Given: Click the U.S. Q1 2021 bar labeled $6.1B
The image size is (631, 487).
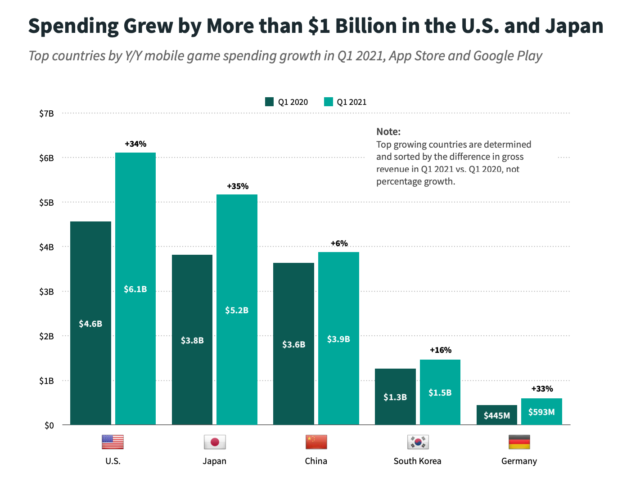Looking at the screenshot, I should click(135, 288).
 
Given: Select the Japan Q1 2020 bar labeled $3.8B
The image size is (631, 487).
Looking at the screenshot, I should click(192, 340).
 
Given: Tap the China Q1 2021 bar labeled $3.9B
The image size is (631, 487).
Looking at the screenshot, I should click(338, 338).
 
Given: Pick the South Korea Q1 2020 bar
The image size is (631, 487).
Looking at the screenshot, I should click(395, 397).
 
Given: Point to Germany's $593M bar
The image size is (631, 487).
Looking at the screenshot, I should click(541, 411).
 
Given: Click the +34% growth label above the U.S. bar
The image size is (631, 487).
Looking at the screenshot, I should click(135, 144).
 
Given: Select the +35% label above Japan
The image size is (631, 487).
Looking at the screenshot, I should click(238, 186).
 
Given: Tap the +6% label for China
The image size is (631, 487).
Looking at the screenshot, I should click(339, 243).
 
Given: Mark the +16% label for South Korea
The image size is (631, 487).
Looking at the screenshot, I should click(441, 350).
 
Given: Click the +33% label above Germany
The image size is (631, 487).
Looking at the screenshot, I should click(542, 389).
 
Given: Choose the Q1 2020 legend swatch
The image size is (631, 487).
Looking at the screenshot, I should click(270, 102).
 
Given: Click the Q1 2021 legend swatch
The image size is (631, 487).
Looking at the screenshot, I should click(329, 102).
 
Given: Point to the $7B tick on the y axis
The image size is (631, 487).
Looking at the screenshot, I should click(46, 113).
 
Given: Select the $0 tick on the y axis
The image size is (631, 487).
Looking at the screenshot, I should click(49, 425).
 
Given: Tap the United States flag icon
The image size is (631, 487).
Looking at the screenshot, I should click(113, 442).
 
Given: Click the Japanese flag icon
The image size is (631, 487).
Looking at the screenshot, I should click(215, 442).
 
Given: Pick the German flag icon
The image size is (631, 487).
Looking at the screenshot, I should click(519, 442).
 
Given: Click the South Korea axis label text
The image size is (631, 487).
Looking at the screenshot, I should click(417, 461).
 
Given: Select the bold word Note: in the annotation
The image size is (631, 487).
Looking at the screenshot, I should click(388, 131).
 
